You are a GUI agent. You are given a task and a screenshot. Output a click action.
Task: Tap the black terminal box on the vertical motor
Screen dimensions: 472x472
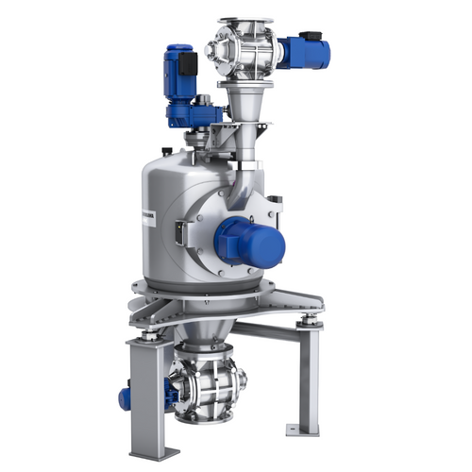pos(190,64)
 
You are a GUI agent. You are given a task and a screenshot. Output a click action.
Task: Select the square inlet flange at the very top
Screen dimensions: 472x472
pos(244,21)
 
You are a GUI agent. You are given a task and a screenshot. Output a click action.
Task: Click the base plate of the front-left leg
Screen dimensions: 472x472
pos(149,453)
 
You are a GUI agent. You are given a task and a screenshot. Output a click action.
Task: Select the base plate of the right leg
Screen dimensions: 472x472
pos(305,430)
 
